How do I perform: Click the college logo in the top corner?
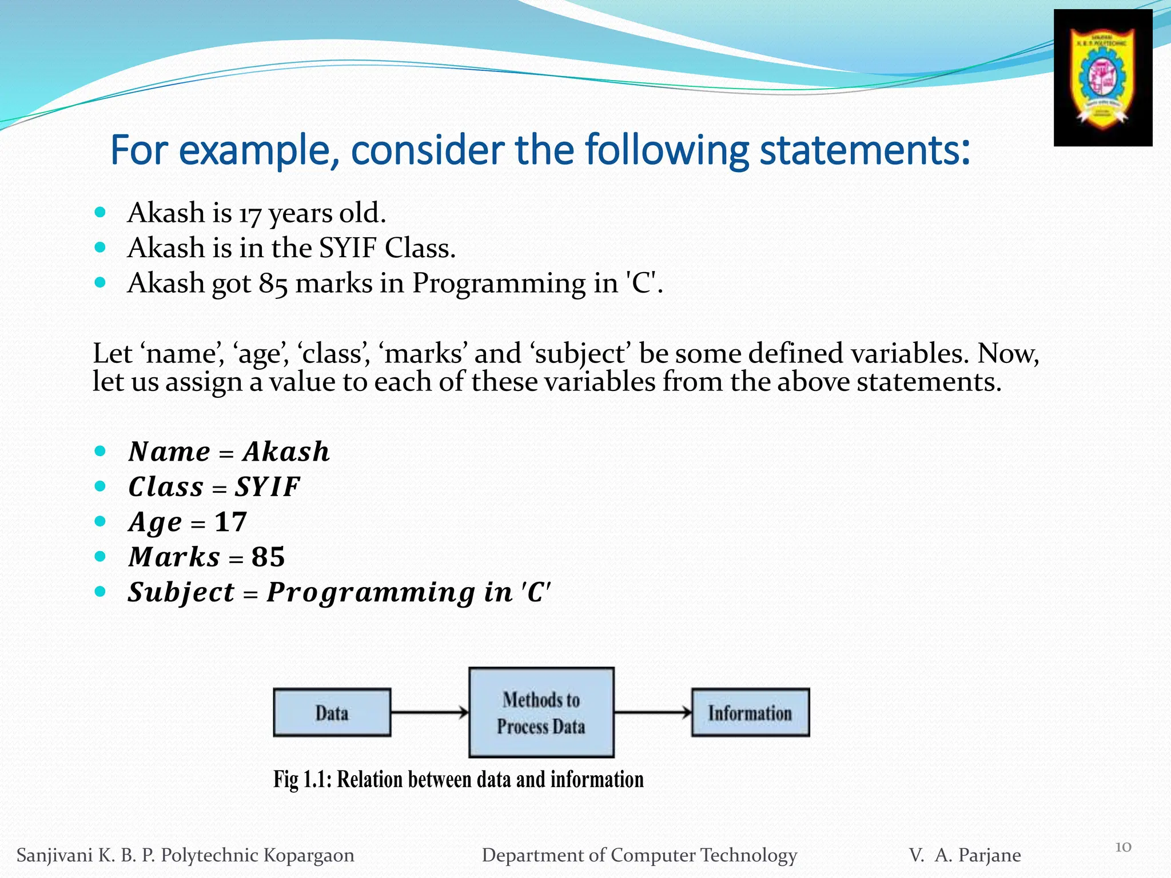[x=1102, y=78]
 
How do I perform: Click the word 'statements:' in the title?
[x=865, y=150]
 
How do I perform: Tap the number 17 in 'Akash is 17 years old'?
[x=250, y=214]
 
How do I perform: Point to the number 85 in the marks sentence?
[x=273, y=284]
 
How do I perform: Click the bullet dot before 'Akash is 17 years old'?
[x=100, y=213]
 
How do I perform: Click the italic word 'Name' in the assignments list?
[x=169, y=452]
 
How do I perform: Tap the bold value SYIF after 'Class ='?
[x=267, y=487]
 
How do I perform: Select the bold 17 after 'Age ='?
[x=230, y=522]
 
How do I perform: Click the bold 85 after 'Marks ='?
[x=268, y=557]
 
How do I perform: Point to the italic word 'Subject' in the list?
[x=181, y=592]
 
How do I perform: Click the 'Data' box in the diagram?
[x=332, y=712]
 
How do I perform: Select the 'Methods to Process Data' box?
[x=541, y=712]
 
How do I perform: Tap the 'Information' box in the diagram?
[x=750, y=712]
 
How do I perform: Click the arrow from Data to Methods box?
[x=429, y=712]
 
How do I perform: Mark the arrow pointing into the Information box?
[x=652, y=712]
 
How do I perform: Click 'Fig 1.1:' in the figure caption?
[x=302, y=780]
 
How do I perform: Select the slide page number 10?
[x=1123, y=847]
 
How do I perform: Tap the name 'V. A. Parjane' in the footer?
[x=965, y=855]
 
